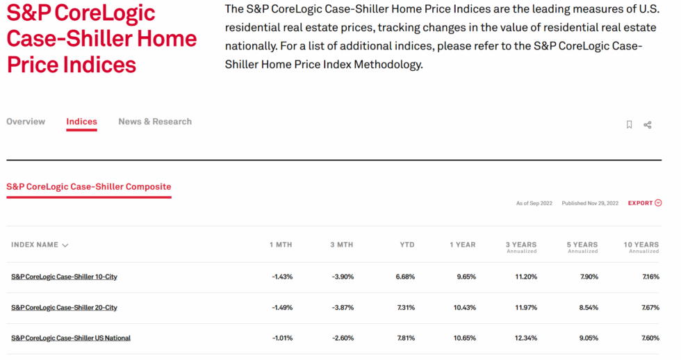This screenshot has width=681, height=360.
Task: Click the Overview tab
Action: coord(26,122)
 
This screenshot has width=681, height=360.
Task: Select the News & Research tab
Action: coord(155,122)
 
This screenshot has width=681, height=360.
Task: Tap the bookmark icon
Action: coord(629,124)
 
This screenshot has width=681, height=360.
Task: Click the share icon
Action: coord(648,125)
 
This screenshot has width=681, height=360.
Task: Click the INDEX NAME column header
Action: coord(40,245)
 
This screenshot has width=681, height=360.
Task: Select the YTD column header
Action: coord(407,245)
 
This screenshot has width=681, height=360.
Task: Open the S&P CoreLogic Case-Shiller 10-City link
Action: coord(64,277)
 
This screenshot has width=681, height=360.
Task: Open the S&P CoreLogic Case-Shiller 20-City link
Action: coord(64,307)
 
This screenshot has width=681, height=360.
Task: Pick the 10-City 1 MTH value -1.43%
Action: coord(282,277)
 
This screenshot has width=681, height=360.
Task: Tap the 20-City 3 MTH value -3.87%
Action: coord(343,307)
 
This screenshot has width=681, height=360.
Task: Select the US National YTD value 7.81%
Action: coord(406,338)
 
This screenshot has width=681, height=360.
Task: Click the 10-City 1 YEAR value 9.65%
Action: coord(466,277)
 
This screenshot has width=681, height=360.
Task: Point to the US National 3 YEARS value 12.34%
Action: coord(526,338)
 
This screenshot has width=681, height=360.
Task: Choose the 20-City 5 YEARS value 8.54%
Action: coord(589,307)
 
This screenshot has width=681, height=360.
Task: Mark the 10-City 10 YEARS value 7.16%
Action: coord(650,277)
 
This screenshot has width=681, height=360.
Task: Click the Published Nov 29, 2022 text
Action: coord(590,203)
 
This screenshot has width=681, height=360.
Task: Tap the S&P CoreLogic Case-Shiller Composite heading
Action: coord(89,187)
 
